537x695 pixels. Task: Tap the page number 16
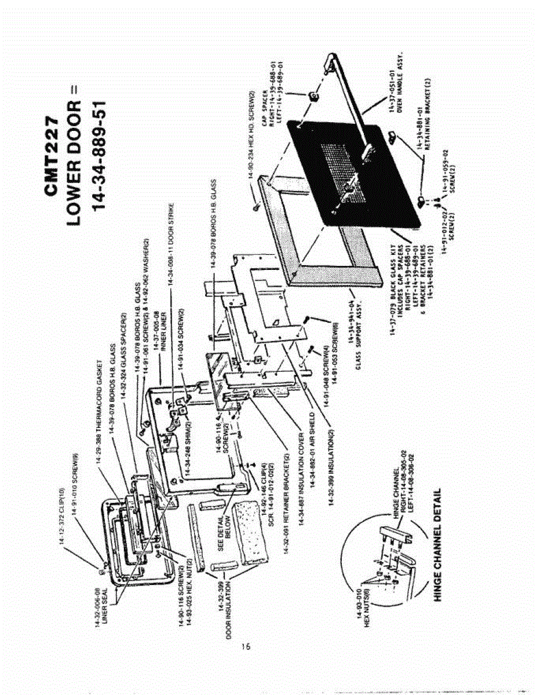(246, 646)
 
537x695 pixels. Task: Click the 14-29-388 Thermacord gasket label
(98, 400)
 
